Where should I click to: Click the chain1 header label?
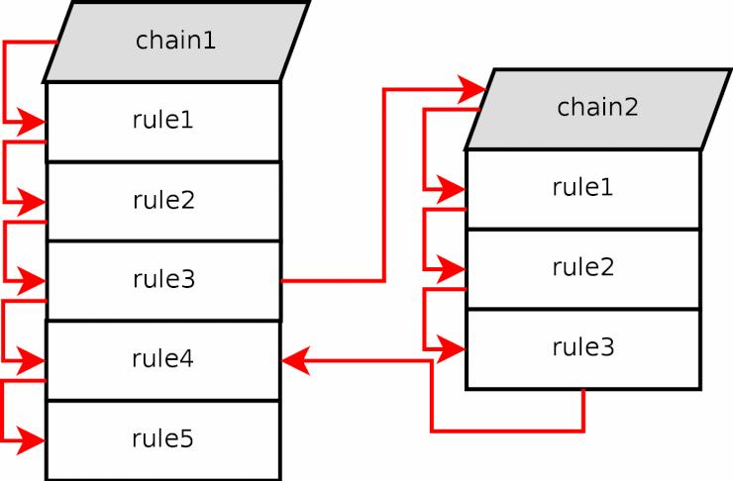pos(175,41)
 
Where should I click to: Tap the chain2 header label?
pos(597,107)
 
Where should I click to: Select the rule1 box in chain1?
pos(163,122)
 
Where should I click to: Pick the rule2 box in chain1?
pos(163,201)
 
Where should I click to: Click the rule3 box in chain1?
pos(163,281)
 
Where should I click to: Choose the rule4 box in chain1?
pos(163,360)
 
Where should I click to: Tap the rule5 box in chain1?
pos(163,439)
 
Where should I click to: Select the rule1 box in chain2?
pos(583,189)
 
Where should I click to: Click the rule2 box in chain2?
pos(583,269)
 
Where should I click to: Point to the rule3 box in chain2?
pos(583,348)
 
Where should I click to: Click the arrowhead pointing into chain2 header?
pos(472,89)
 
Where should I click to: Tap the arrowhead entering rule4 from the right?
pos(296,361)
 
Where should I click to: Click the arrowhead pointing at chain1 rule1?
pos(32,123)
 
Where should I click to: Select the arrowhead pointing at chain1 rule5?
pos(32,440)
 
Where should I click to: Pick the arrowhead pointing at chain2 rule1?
pos(451,190)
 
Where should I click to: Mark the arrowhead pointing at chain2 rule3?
pos(451,348)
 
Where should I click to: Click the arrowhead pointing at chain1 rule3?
pos(32,281)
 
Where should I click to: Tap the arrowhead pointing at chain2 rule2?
pos(451,269)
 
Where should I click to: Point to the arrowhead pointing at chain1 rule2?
pos(32,202)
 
